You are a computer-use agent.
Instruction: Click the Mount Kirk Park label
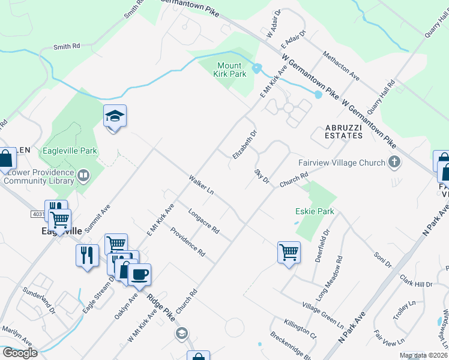point(230,70)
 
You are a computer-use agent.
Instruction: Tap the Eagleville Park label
point(70,151)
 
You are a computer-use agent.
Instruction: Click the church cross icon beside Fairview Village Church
point(394,161)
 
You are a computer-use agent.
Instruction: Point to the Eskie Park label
point(315,211)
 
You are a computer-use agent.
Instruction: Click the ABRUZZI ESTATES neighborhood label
point(344,131)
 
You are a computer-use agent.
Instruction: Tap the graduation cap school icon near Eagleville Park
point(115,116)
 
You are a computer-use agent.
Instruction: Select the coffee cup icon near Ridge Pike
point(139,274)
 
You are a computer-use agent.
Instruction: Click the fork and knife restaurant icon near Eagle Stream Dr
point(88,255)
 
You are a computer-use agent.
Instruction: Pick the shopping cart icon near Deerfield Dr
point(289,251)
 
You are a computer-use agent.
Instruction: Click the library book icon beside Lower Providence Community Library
point(83,176)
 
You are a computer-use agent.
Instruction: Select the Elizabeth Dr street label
point(244,145)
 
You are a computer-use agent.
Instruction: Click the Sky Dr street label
point(261,176)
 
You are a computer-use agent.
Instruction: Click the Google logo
point(19,353)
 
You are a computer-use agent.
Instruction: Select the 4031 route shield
point(37,214)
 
